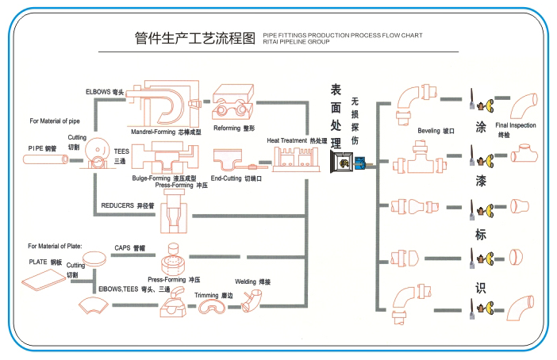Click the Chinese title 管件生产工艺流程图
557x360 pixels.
(194, 37)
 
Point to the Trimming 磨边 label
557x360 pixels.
(213, 294)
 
